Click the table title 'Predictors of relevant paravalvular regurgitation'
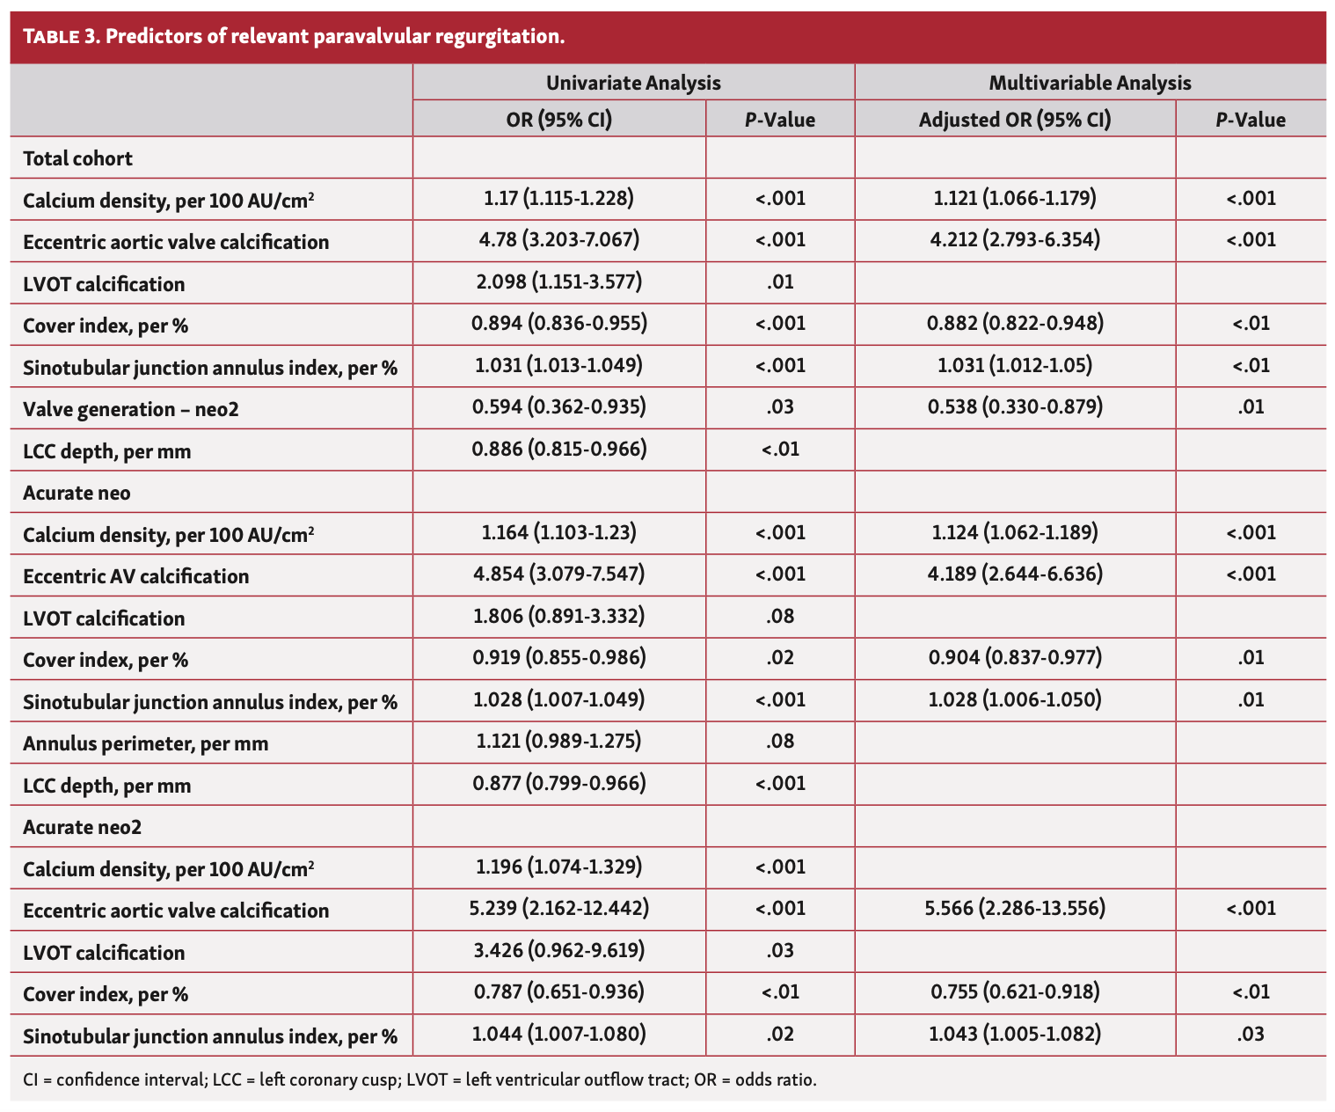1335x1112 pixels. click(334, 37)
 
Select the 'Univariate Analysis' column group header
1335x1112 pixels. click(633, 83)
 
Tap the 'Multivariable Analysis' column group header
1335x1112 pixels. click(1090, 83)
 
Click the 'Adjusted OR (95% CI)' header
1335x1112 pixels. click(1015, 120)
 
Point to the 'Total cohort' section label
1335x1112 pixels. click(77, 158)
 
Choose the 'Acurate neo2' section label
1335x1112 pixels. click(82, 827)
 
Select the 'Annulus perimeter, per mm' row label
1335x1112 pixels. click(145, 743)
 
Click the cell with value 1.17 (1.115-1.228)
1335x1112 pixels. click(558, 199)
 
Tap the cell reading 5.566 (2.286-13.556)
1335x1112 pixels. click(1015, 909)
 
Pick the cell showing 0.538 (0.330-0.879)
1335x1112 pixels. click(1015, 406)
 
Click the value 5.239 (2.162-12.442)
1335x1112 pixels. click(558, 909)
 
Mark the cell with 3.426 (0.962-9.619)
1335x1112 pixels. click(558, 950)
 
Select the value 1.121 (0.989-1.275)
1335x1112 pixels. click(558, 742)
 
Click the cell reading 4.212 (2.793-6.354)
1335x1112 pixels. click(1015, 240)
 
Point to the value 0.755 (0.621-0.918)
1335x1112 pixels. click(1015, 992)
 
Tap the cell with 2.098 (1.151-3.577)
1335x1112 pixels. click(558, 282)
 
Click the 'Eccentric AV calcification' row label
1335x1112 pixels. click(135, 576)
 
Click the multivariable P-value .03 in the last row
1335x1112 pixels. click(1250, 1035)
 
